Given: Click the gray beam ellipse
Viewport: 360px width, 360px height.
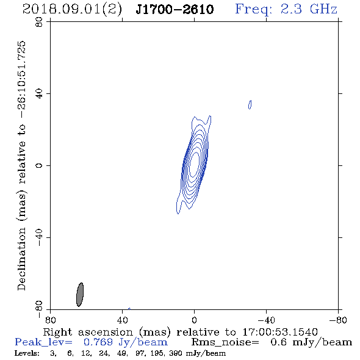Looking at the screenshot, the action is click(x=80, y=295).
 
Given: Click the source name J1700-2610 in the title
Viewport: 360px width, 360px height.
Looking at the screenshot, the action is click(x=175, y=10).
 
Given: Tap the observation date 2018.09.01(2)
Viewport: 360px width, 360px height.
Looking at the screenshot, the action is click(x=72, y=10).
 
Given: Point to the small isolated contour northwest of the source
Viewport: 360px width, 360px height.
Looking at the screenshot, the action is click(x=250, y=104).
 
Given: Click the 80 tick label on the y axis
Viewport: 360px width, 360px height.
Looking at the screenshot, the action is click(x=39, y=23).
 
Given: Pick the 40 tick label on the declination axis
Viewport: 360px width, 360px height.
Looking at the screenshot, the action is click(x=39, y=94).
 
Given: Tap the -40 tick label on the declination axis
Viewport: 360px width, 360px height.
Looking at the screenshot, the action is click(x=39, y=237).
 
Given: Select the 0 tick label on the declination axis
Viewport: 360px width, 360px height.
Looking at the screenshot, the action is click(x=39, y=165).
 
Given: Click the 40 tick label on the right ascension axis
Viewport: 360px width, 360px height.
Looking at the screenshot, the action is click(x=122, y=320).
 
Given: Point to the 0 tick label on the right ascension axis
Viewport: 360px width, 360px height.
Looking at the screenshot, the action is click(x=194, y=320).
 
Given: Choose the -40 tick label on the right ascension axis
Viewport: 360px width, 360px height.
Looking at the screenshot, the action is click(x=266, y=320).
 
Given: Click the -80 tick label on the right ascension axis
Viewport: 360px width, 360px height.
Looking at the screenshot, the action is click(x=338, y=320).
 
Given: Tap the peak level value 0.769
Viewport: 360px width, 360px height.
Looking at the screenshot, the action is click(x=98, y=342).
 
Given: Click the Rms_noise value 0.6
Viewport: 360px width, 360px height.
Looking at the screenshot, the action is click(x=278, y=342).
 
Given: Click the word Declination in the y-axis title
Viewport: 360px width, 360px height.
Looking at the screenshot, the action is click(x=21, y=259).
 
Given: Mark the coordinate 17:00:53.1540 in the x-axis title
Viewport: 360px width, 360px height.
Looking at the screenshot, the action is click(x=280, y=332).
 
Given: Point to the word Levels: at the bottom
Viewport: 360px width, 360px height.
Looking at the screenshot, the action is click(x=27, y=353).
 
